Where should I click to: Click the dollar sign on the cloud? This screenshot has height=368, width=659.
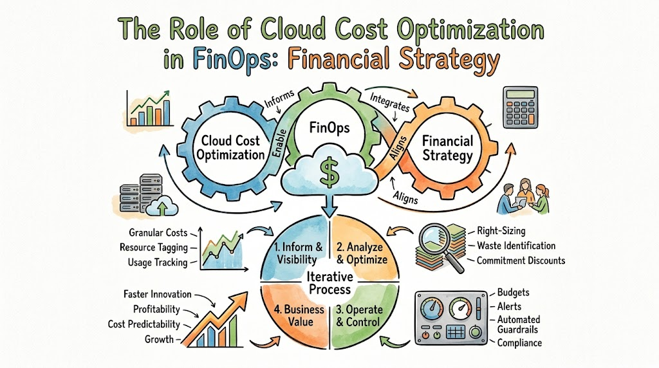[329, 172]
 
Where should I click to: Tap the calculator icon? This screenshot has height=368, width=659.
[520, 107]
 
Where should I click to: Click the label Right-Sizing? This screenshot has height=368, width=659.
[501, 230]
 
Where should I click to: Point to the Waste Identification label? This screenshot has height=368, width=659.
[516, 245]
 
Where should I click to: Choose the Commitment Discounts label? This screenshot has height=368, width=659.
[521, 261]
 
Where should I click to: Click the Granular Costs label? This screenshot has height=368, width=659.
[158, 232]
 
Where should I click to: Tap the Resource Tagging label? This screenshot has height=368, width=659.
[153, 248]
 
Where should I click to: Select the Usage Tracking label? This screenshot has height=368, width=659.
[158, 262]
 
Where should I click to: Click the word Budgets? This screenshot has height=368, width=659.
[513, 292]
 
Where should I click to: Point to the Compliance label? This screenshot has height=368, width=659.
[519, 343]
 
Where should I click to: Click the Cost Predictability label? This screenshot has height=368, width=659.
[144, 324]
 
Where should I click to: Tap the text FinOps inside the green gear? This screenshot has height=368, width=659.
[329, 128]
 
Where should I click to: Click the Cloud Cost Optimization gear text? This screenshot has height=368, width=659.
[230, 148]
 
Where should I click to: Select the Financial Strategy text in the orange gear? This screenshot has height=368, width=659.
[447, 148]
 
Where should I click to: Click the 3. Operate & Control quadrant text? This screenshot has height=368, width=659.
[358, 316]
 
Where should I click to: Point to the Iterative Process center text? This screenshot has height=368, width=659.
[329, 283]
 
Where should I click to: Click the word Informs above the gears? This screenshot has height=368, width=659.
[279, 99]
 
